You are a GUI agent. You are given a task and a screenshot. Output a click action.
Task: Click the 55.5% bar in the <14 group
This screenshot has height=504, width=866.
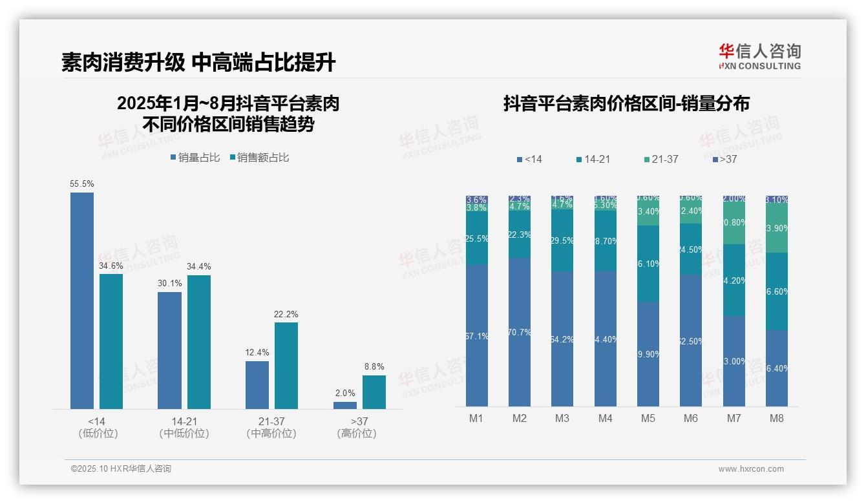(x=82, y=300)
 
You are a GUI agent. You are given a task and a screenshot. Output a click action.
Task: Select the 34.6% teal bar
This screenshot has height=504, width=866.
(x=111, y=341)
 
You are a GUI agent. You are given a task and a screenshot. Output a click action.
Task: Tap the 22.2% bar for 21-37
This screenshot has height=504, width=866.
(x=286, y=365)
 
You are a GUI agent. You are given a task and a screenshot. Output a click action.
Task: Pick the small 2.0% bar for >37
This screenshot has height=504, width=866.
(x=345, y=405)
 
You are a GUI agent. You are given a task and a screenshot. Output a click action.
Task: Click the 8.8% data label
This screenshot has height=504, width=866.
(x=374, y=366)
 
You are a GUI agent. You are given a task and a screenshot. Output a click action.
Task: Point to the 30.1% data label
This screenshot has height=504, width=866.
(x=169, y=283)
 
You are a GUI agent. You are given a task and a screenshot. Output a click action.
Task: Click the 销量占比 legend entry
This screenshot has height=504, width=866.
(x=195, y=158)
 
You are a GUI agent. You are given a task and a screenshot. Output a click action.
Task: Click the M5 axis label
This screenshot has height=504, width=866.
(x=648, y=418)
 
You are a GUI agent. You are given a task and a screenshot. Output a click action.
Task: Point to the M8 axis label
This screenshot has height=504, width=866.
(x=777, y=418)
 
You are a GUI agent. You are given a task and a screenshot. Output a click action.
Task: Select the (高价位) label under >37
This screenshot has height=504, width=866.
(x=357, y=434)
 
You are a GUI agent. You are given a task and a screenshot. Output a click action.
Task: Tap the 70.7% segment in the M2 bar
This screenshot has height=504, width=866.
(x=520, y=332)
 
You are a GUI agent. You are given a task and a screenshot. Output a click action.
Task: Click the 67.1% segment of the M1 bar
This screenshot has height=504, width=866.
(x=477, y=335)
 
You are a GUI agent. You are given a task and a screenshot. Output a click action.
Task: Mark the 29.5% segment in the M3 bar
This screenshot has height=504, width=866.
(x=562, y=240)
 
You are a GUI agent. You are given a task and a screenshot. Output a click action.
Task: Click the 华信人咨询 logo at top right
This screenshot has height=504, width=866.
(x=759, y=56)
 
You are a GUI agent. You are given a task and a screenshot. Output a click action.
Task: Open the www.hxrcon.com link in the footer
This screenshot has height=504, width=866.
(x=751, y=469)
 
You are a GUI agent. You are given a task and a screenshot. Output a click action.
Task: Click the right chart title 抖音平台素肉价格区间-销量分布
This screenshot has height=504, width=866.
(x=626, y=104)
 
